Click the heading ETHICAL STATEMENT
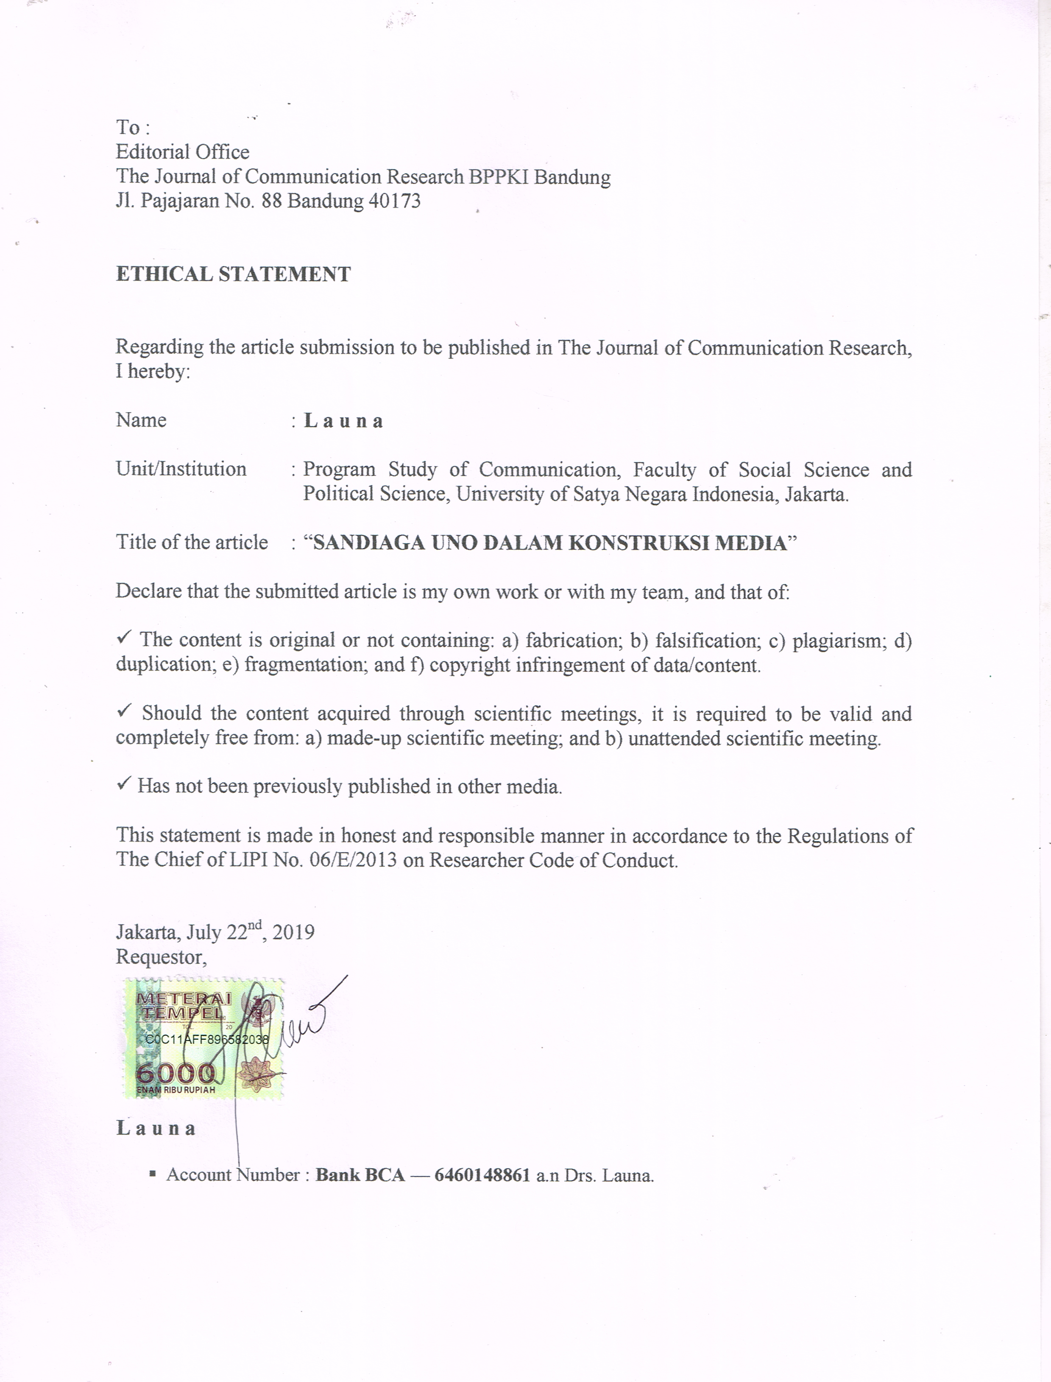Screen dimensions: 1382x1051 233,274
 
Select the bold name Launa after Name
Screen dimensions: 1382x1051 343,421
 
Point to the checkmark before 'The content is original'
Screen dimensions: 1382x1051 124,638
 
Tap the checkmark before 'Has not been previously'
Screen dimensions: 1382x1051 124,783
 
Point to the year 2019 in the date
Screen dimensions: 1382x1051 293,933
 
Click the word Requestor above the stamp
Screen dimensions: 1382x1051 160,957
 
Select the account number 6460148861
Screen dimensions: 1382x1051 482,1175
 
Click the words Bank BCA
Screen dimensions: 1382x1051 360,1175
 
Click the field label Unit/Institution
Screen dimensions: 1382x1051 181,470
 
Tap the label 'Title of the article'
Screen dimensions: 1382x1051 192,542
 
